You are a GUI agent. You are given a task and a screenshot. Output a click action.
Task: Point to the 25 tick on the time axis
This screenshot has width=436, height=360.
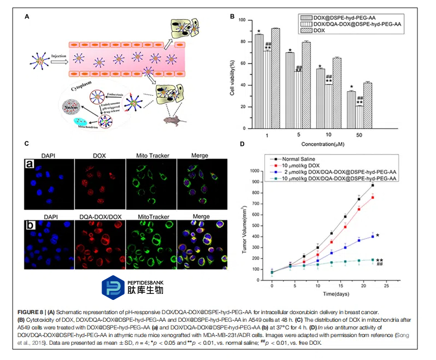[x=387, y=286]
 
